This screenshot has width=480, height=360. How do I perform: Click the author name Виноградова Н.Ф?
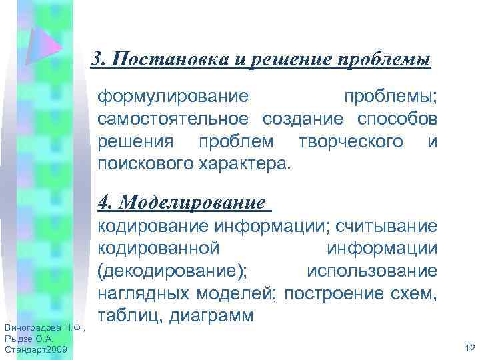tap(41, 327)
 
